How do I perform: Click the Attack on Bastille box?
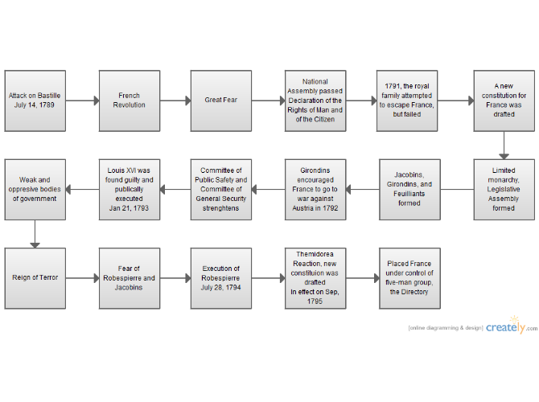point(35,100)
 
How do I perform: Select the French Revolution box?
point(130,100)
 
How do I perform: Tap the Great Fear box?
point(221,100)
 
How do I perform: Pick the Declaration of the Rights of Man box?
point(315,100)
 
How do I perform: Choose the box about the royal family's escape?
point(407,100)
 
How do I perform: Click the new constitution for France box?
point(504,100)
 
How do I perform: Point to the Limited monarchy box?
point(504,189)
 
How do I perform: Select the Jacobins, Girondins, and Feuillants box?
point(409,189)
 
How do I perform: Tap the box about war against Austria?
point(315,189)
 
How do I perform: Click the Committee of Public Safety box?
point(221,189)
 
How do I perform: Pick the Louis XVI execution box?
point(130,189)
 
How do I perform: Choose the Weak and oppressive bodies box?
point(35,189)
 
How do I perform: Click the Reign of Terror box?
point(35,278)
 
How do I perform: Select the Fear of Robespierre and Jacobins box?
point(130,278)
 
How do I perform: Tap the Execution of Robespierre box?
point(221,278)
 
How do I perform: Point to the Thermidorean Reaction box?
point(315,278)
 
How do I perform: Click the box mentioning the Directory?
point(409,278)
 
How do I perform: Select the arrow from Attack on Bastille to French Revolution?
point(83,100)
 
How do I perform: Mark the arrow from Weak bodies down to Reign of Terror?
point(35,234)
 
